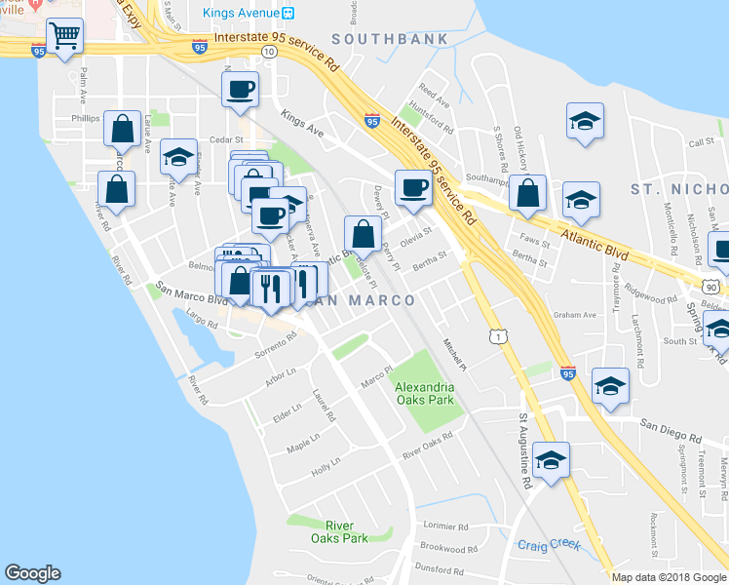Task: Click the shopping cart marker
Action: [x=64, y=37]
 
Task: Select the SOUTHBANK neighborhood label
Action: [x=390, y=39]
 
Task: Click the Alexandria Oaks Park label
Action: [x=425, y=393]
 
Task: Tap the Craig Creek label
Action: [x=549, y=545]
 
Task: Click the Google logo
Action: [x=32, y=573]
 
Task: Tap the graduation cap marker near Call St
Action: [x=584, y=122]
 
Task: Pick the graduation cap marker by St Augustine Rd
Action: [x=551, y=460]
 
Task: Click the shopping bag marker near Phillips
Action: [x=122, y=128]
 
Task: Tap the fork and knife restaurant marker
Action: [x=269, y=288]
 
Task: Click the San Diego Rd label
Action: [x=671, y=428]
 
